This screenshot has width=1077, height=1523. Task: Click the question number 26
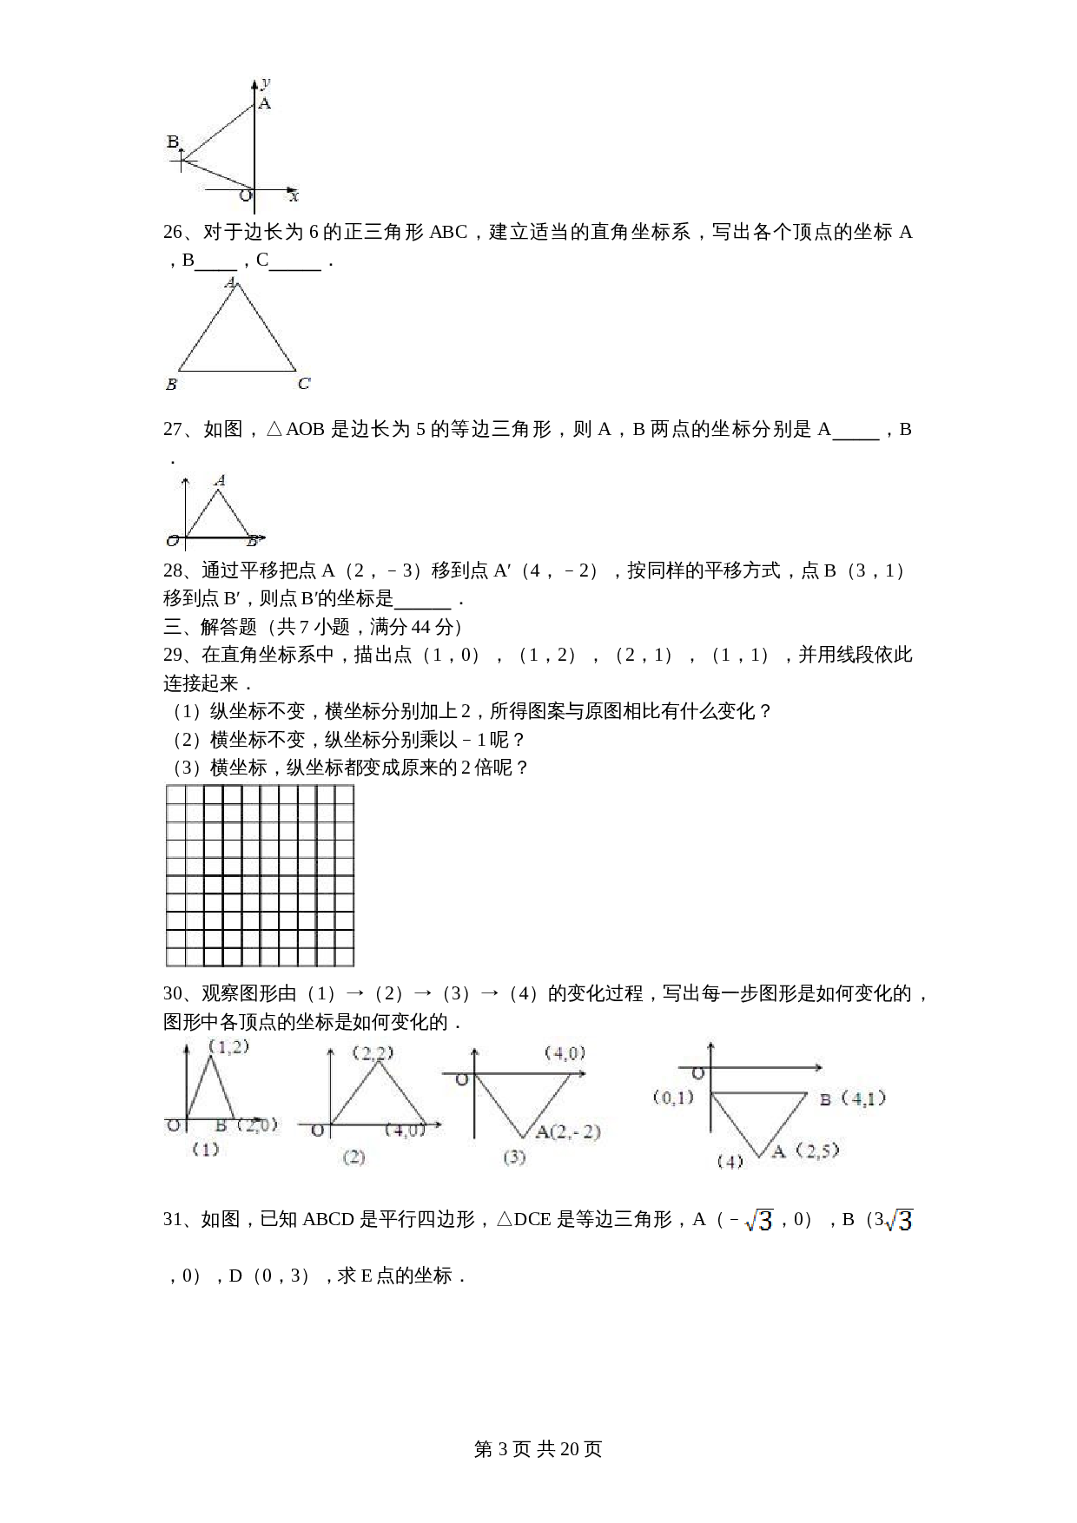(174, 233)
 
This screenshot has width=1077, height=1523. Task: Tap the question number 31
(174, 1220)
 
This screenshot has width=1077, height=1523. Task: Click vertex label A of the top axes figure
(265, 103)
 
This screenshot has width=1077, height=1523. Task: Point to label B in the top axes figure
(173, 142)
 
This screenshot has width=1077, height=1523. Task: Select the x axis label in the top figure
(294, 197)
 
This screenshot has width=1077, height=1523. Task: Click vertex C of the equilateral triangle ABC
(304, 384)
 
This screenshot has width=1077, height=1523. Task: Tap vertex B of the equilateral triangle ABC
(171, 384)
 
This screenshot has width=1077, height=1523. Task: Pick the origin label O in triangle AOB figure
(172, 542)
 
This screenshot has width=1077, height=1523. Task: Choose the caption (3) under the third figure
(514, 1157)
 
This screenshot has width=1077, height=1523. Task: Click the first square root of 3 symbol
(759, 1221)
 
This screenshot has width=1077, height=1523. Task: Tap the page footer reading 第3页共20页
(538, 1449)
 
